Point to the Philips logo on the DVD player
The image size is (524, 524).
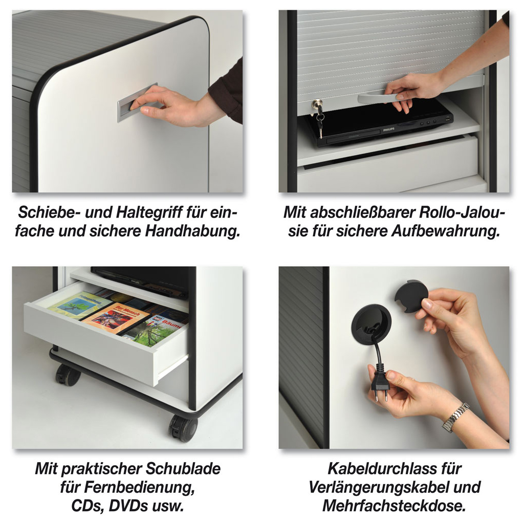[388, 129]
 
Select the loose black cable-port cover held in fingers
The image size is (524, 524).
[411, 296]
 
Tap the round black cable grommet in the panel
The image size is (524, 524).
[371, 324]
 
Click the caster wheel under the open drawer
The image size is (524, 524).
[68, 374]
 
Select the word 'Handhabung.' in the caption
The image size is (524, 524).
[192, 231]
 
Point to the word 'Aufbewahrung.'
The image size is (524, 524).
[446, 231]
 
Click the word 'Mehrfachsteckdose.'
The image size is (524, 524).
[395, 506]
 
